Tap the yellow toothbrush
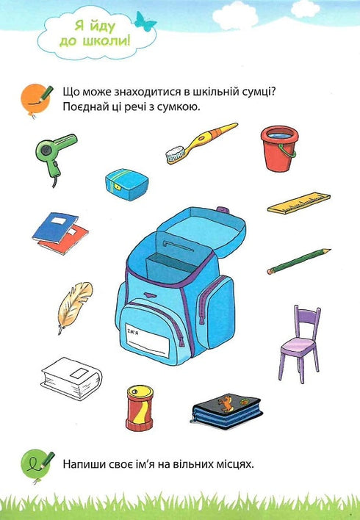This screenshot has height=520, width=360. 201,142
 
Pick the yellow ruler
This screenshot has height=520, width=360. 298,203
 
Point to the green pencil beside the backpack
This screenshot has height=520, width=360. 298,261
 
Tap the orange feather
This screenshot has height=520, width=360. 74,305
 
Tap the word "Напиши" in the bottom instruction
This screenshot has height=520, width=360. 84,463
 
